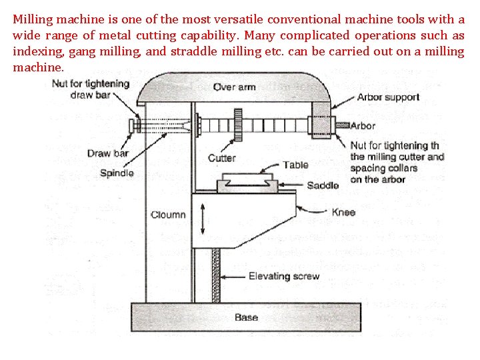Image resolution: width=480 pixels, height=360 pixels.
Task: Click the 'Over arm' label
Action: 234,87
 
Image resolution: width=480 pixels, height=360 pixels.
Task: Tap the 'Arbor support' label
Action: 388,97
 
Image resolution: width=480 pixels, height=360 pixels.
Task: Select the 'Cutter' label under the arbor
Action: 221,158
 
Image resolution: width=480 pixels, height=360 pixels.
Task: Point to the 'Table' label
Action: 295,165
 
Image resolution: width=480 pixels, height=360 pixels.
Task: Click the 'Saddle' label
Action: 323,185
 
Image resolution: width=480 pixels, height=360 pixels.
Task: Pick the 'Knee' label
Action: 343,213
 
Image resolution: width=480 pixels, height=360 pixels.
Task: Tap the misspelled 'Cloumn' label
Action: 168,215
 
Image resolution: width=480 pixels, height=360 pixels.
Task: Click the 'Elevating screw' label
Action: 283,276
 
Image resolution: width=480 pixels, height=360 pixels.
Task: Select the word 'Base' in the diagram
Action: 246,317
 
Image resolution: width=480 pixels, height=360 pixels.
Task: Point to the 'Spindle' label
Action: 117,173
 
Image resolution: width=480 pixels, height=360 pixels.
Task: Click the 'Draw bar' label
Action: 107,154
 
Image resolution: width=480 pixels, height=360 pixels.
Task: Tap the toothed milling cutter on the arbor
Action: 237,125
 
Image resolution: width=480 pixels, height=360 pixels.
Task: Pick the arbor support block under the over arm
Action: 322,120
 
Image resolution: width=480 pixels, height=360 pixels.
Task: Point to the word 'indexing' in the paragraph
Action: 35,51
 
